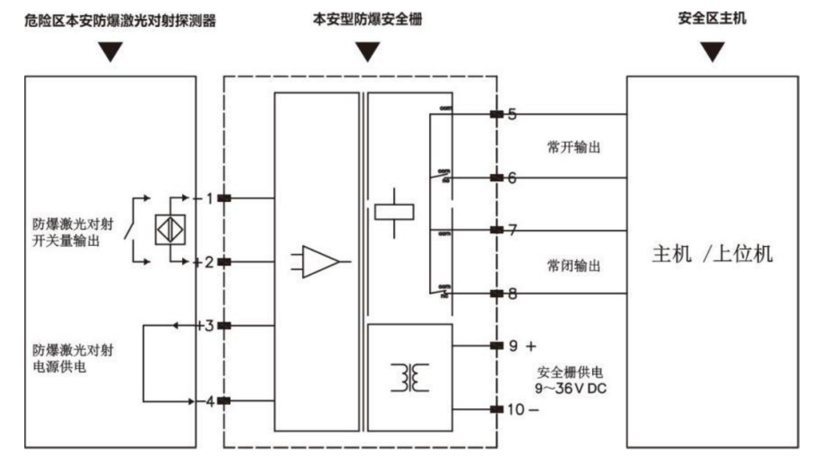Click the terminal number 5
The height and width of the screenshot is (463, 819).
pyautogui.click(x=512, y=114)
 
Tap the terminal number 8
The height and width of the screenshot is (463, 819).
pyautogui.click(x=512, y=294)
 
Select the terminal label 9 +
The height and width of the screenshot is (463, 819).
pyautogui.click(x=522, y=346)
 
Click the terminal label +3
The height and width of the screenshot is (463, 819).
pyautogui.click(x=206, y=326)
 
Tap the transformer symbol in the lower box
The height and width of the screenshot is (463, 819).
pyautogui.click(x=409, y=378)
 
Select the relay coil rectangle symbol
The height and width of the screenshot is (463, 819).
pyautogui.click(x=394, y=212)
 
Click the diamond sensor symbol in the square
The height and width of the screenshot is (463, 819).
pyautogui.click(x=170, y=229)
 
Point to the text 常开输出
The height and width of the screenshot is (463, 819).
pyautogui.click(x=574, y=148)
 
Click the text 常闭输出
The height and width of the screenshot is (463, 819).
pyautogui.click(x=574, y=266)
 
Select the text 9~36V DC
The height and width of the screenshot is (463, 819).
pyautogui.click(x=570, y=389)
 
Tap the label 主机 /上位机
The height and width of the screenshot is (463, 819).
pyautogui.click(x=712, y=254)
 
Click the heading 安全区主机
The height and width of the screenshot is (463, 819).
pyautogui.click(x=712, y=18)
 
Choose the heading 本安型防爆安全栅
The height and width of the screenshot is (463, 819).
pyautogui.click(x=367, y=19)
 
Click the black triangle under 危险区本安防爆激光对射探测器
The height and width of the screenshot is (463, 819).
pyautogui.click(x=111, y=51)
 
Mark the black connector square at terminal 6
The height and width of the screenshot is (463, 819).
pyautogui.click(x=496, y=178)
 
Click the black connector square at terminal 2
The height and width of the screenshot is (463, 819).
pyautogui.click(x=224, y=262)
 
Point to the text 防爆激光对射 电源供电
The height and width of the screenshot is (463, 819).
pyautogui.click(x=72, y=358)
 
